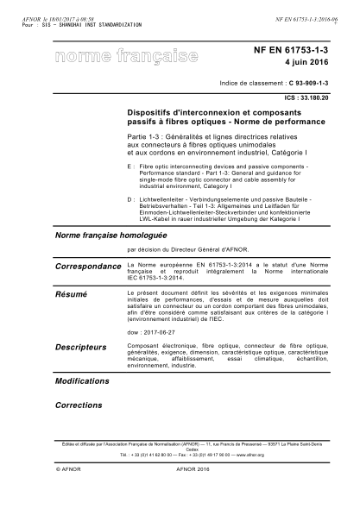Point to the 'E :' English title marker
pyautogui.click(x=129, y=163)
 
